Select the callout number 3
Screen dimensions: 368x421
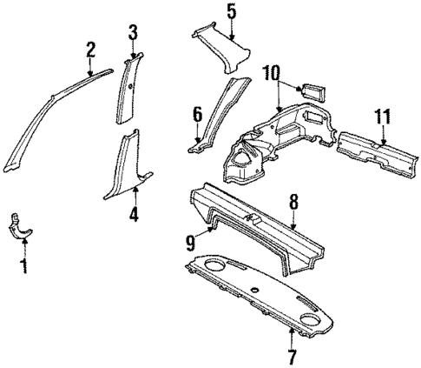tap(133, 33)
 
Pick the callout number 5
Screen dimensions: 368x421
tap(231, 11)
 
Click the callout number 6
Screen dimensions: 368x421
tap(197, 113)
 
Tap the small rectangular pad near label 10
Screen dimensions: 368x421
tap(310, 90)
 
